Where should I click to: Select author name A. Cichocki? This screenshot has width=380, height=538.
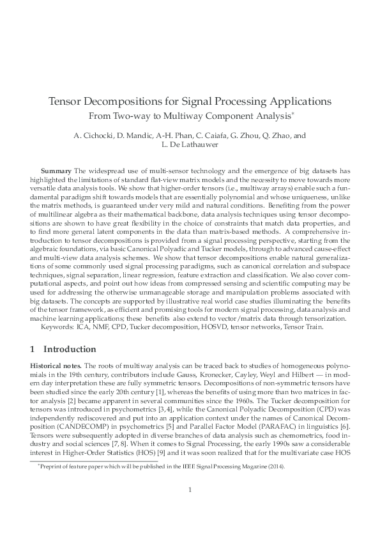click(x=95, y=135)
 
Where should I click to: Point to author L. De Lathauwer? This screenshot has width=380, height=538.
click(x=190, y=146)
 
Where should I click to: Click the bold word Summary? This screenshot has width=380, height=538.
click(x=56, y=173)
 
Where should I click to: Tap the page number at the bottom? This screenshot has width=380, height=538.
click(x=190, y=507)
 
